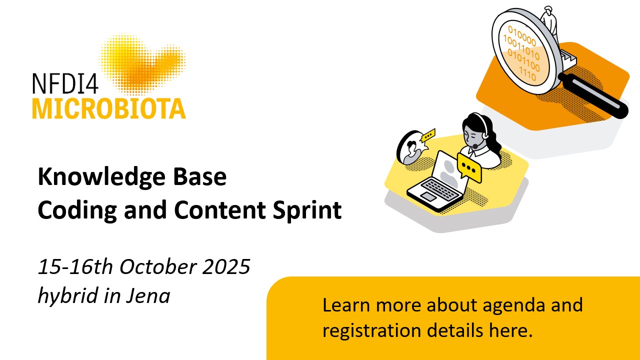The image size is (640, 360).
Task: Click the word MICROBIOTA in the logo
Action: click(109, 108)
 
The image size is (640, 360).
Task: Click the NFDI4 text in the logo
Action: click(65, 83)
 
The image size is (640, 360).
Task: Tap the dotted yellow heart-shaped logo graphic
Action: click(142, 63)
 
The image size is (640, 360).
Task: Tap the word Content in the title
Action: click(219, 210)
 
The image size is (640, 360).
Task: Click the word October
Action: click(158, 267)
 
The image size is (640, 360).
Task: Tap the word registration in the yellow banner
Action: click(371, 331)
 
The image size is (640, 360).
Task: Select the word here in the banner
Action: click(511, 330)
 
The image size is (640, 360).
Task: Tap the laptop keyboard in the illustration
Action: click(439, 188)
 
